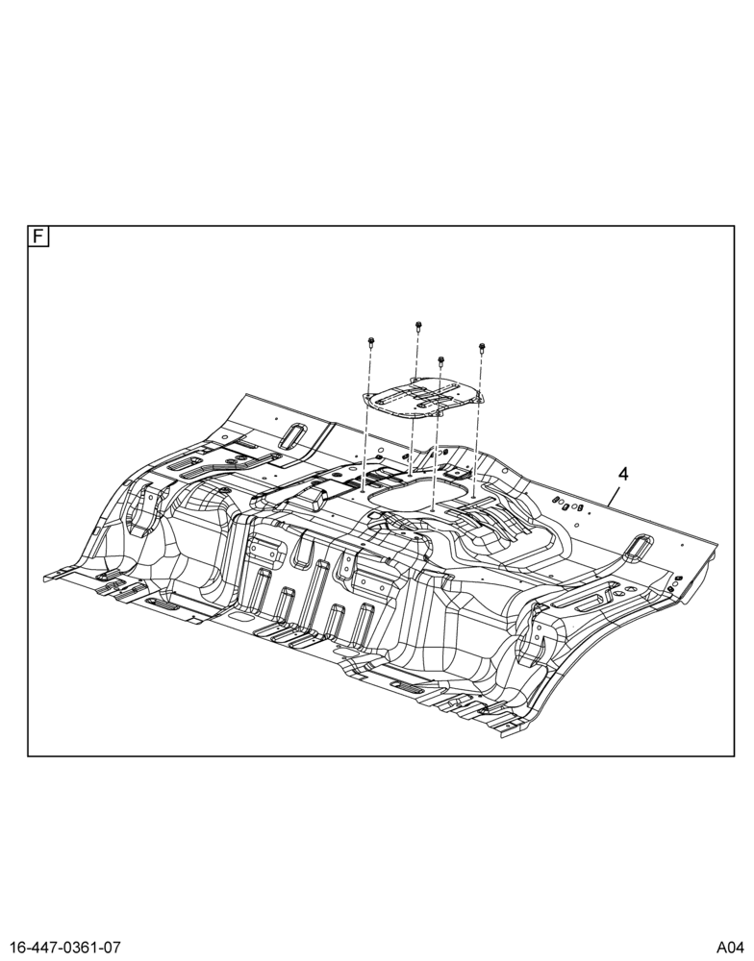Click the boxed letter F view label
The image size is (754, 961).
click(x=38, y=236)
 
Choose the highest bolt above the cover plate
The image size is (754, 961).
click(x=418, y=327)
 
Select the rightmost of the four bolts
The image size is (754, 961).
click(x=482, y=349)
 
